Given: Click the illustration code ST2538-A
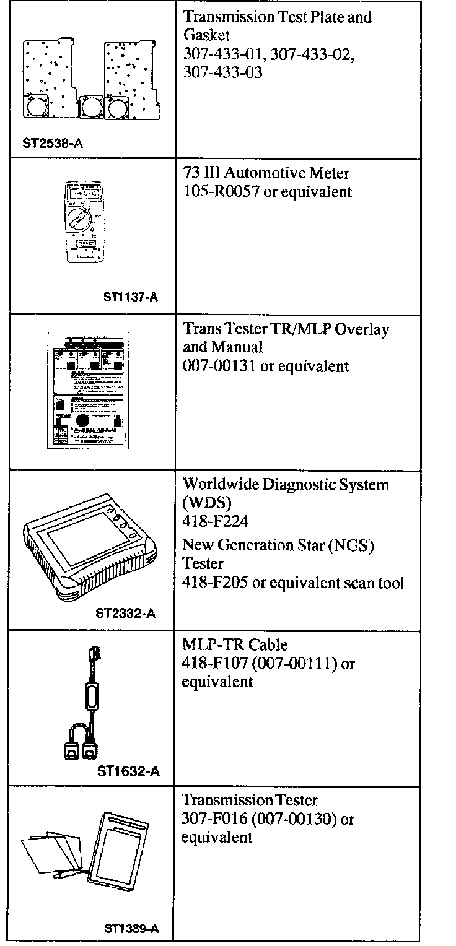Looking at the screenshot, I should pos(53,144).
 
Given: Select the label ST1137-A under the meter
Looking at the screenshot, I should pos(130,298).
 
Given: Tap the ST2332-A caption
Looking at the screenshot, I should pos(125,614).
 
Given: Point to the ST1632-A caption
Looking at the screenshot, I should pos(128,771).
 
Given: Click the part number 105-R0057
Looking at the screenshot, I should pos(221,193).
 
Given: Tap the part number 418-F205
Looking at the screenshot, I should pos(214,583).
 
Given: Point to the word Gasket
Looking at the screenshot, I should pos(206,35).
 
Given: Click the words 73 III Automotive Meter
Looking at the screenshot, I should pos(263,174).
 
